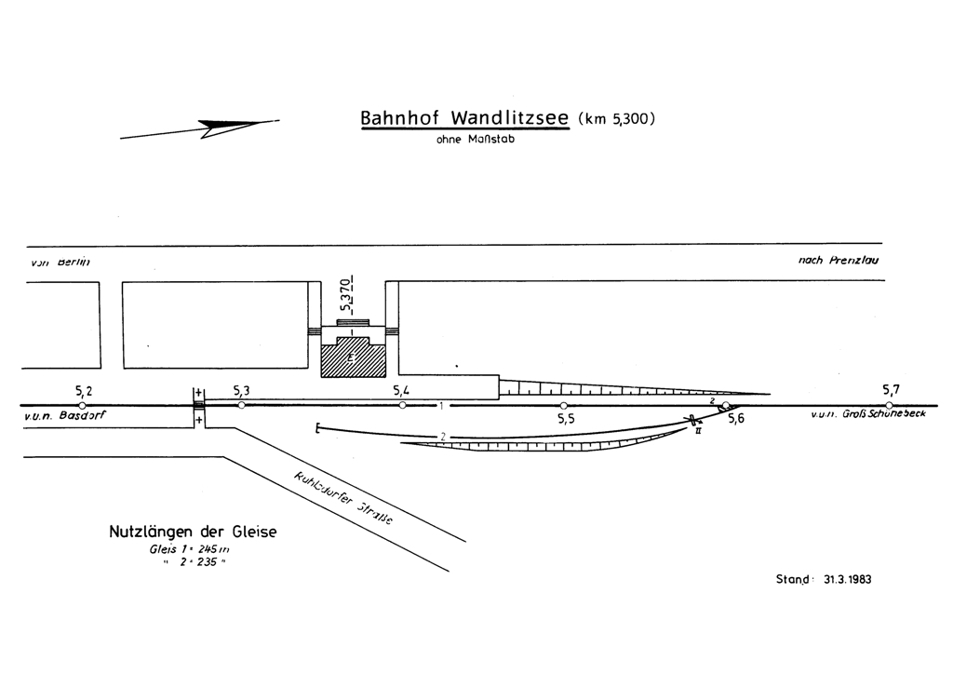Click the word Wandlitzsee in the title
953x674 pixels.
[x=511, y=119]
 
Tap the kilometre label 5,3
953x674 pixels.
[x=241, y=390]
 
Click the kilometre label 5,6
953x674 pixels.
[x=735, y=420]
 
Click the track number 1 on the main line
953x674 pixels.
[x=441, y=406]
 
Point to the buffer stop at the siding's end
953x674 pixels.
[x=319, y=428]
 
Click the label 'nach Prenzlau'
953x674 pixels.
[x=838, y=261]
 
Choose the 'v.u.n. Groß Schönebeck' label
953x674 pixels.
[x=867, y=415]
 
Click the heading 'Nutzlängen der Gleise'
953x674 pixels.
[x=193, y=532]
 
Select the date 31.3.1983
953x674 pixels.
[x=848, y=578]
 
